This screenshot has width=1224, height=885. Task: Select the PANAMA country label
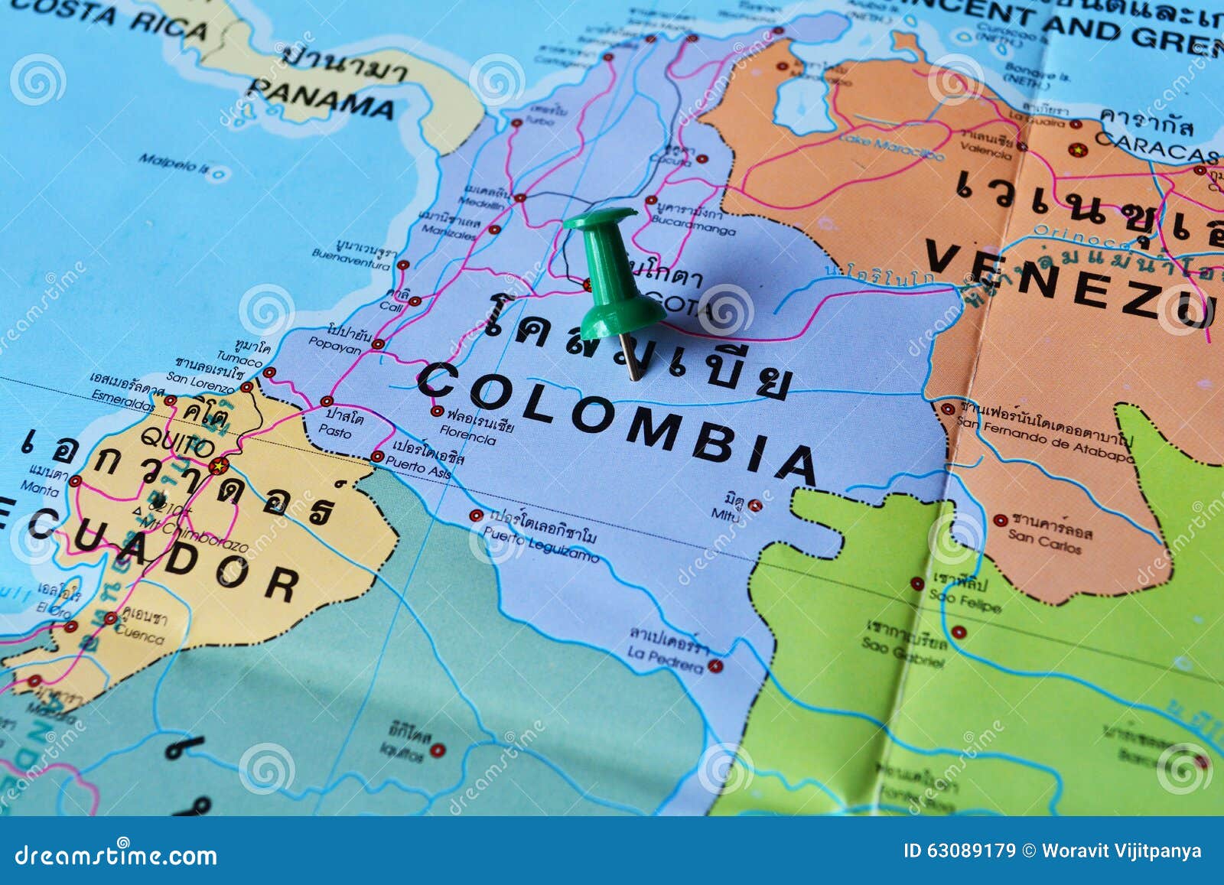[322, 99]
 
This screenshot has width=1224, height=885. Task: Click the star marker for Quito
[219, 465]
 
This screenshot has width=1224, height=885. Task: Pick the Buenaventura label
[350, 263]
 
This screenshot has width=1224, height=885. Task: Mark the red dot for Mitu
[755, 505]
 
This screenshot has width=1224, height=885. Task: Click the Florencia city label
[467, 438]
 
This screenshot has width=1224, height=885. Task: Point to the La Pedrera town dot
[715, 665]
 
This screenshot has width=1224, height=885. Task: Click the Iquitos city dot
[437, 750]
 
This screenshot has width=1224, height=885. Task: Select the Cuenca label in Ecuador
[139, 635]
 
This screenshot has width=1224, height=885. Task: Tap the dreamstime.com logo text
[116, 854]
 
